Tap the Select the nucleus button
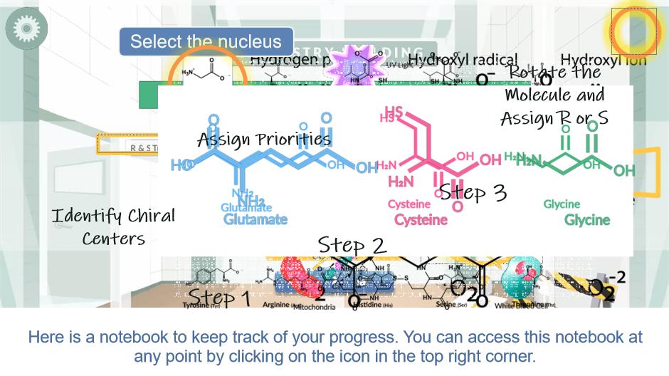[206, 41]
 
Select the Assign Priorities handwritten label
[264, 139]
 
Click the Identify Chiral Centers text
[113, 226]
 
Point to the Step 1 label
[219, 297]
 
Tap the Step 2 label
[352, 245]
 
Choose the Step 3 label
[473, 192]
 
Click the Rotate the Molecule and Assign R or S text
[554, 95]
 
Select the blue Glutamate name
[256, 219]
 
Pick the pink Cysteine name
[421, 219]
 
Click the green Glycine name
[587, 219]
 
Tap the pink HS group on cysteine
[393, 114]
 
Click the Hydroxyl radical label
[463, 60]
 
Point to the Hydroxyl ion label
[604, 60]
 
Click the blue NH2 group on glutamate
[247, 200]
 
